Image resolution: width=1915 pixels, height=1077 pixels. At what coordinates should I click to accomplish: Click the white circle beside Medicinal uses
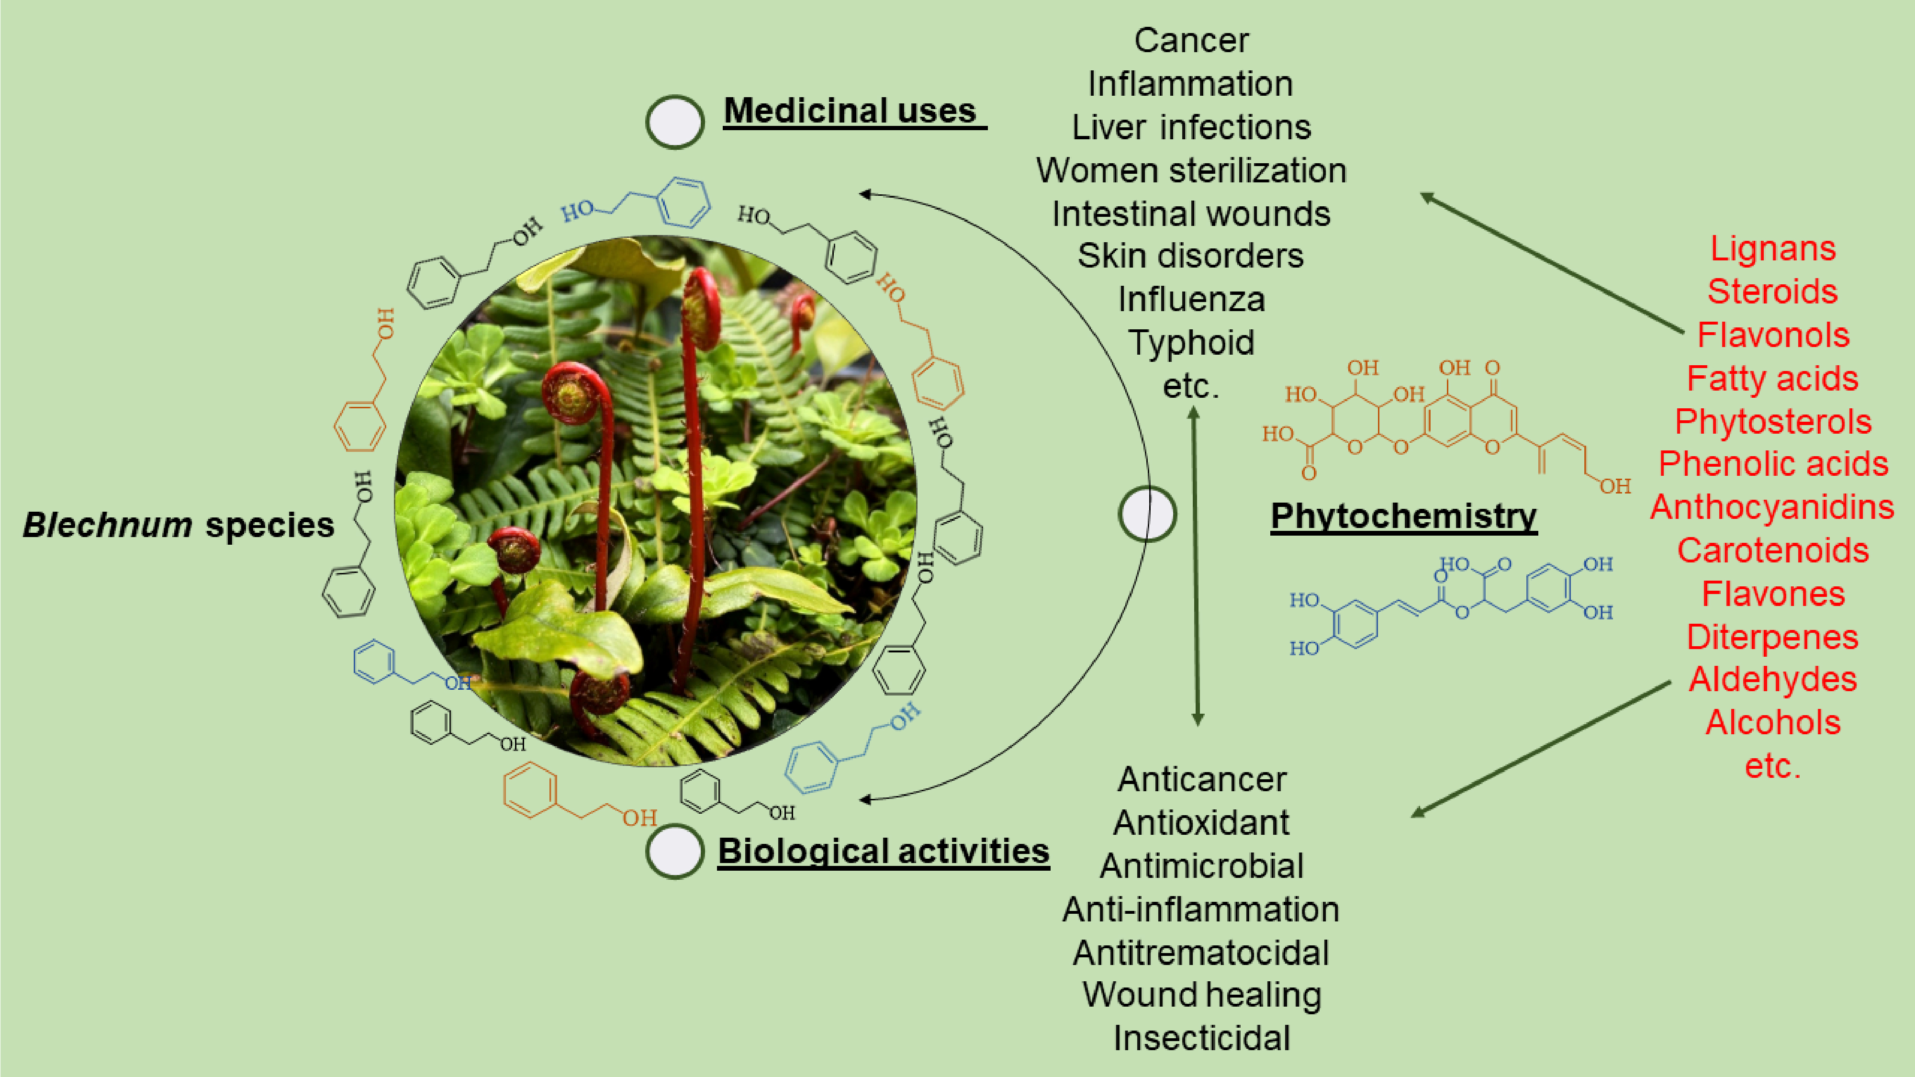(674, 121)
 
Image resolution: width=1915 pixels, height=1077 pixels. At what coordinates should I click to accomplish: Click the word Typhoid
(1191, 343)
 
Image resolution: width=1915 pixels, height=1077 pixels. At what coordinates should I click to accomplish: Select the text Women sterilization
(1191, 171)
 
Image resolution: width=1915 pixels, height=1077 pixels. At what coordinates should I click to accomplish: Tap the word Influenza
(1191, 300)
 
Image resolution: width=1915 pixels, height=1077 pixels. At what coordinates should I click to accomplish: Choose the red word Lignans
(1772, 249)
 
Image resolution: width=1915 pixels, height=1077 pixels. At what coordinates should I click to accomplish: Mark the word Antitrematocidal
(1200, 954)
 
